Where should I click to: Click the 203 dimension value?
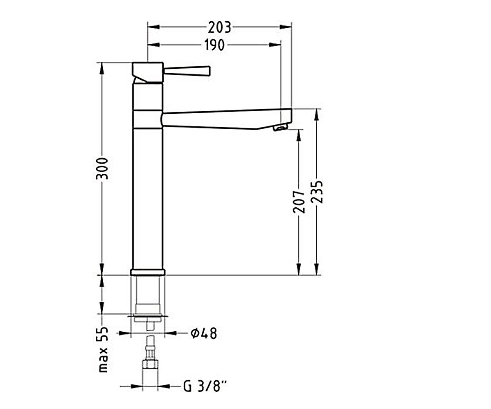click(219, 28)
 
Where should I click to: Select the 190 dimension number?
click(214, 45)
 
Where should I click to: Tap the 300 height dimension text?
click(102, 169)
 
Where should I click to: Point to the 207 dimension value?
click(299, 202)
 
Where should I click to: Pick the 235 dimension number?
click(317, 192)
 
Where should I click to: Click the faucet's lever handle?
click(187, 71)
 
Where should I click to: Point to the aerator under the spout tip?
click(280, 128)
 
